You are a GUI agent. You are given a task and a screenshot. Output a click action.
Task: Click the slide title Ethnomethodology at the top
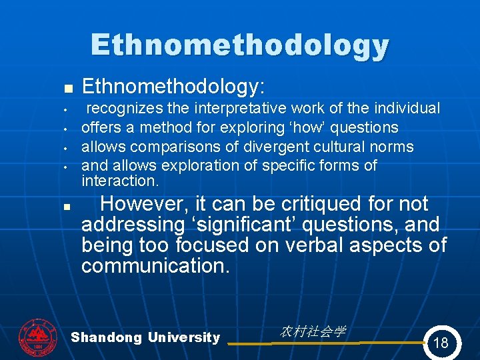[x=240, y=45]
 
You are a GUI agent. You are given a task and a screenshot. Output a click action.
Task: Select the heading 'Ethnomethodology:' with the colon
[x=173, y=86]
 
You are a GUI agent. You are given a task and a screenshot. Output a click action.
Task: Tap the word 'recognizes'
[x=123, y=108]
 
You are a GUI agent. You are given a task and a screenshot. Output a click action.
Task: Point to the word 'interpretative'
[x=241, y=108]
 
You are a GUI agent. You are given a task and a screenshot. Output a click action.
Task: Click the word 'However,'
[x=143, y=203]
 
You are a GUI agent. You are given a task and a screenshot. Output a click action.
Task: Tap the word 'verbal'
[x=317, y=245]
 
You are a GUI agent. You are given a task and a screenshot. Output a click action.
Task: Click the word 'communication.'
[x=155, y=267]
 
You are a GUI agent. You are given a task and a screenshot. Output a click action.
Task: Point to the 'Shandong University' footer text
[x=145, y=337]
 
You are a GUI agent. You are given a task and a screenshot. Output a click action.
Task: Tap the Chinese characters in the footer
[x=313, y=331]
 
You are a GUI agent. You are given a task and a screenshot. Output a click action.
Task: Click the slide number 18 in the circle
[x=441, y=343]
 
